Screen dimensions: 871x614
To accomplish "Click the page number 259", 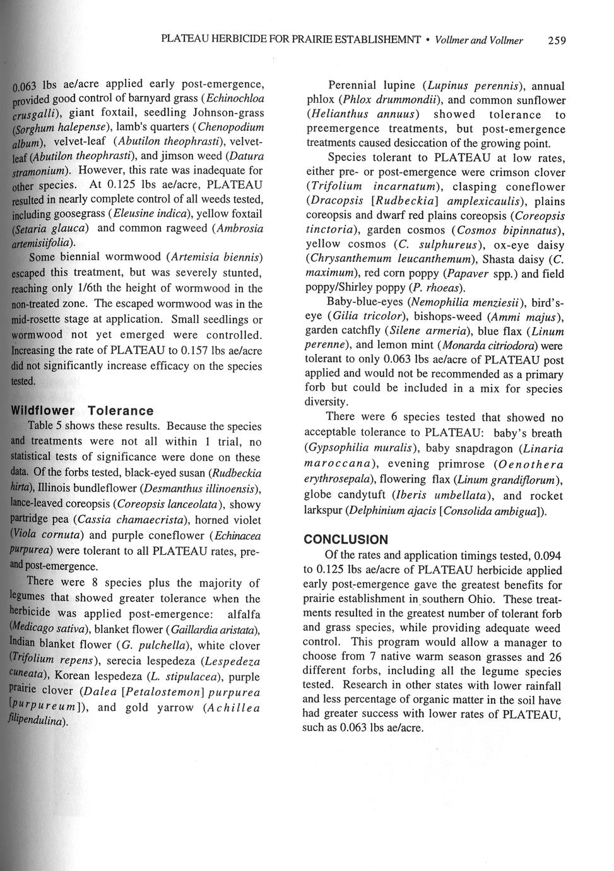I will click(557, 41).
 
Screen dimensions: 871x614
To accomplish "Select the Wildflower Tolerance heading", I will click(83, 411).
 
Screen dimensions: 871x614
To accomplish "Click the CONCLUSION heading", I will click(346, 540).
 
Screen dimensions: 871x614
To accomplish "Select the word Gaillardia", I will click(196, 629).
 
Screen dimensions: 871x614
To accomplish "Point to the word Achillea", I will click(232, 708).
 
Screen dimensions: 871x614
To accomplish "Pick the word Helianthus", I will click(331, 115).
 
